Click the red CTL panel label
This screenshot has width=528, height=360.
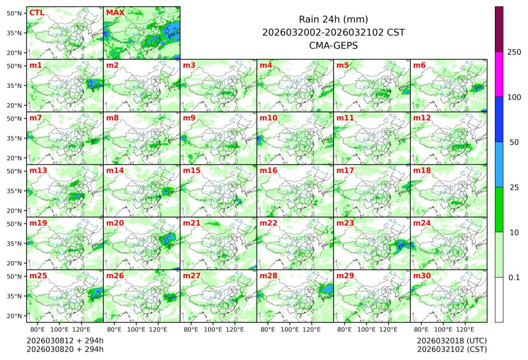[x=36, y=12]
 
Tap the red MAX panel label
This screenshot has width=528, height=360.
[x=114, y=12]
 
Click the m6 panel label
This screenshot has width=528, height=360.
[x=419, y=65]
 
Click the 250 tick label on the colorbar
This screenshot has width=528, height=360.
[x=514, y=52]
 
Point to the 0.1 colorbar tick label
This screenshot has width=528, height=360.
[x=514, y=278]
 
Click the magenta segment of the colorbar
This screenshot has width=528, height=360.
[x=499, y=74]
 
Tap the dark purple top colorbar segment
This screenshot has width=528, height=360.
[x=499, y=29]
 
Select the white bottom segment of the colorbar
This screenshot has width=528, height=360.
[x=499, y=300]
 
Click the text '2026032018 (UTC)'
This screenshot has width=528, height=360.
[x=451, y=340]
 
